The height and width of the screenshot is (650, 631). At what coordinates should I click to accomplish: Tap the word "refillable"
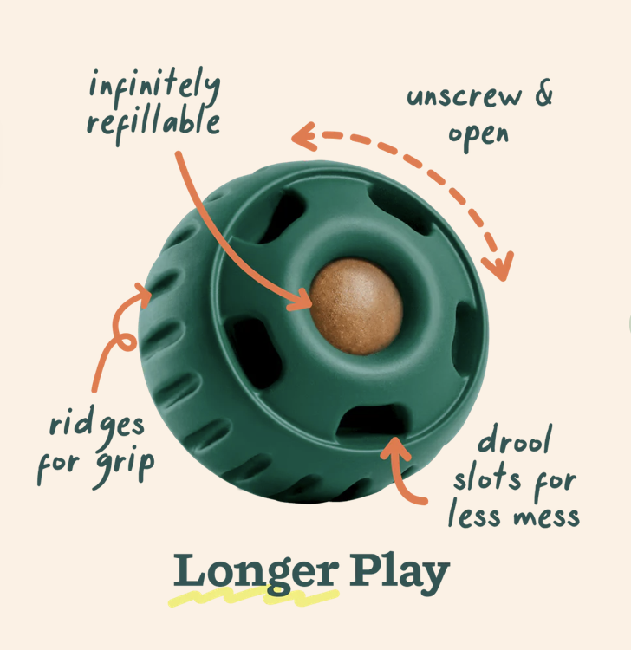pos(153,122)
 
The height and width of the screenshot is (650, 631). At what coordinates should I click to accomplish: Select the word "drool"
pos(515,442)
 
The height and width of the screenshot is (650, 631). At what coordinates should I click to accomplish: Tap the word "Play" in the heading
pos(400,574)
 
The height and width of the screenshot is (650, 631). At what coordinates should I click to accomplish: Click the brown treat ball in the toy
pos(356,306)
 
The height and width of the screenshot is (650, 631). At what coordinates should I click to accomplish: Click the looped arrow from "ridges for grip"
pos(115,338)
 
